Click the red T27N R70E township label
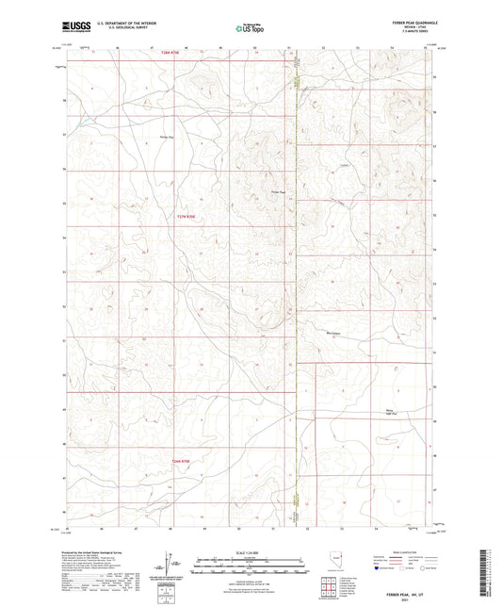click(x=164, y=216)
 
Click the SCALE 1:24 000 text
click(x=250, y=552)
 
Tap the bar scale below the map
click(x=250, y=563)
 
